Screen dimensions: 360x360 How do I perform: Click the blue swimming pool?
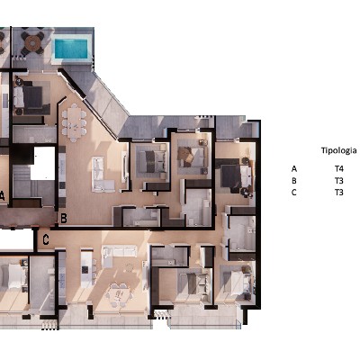click(x=71, y=49)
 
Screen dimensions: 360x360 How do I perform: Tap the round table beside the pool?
click(x=32, y=44)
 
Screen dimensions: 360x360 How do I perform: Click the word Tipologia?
click(x=339, y=150)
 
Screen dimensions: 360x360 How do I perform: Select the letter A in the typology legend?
click(x=294, y=169)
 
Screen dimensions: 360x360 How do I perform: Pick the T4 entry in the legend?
click(x=339, y=169)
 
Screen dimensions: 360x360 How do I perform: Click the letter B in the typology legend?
click(x=294, y=181)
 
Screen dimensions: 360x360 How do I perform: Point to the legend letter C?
click(x=294, y=193)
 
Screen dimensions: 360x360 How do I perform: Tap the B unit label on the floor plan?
click(x=64, y=219)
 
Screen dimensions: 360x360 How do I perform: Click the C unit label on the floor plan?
click(x=46, y=239)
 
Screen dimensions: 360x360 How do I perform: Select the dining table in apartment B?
click(x=74, y=122)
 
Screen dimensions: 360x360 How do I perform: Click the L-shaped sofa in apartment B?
click(x=102, y=175)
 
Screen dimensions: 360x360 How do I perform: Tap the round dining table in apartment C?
click(x=120, y=294)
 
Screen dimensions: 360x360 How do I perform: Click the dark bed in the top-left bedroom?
click(x=31, y=97)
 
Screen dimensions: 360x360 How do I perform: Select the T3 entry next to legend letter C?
click(x=339, y=193)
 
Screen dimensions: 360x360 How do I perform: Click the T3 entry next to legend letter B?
click(x=339, y=181)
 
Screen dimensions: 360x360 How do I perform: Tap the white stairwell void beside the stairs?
click(x=42, y=163)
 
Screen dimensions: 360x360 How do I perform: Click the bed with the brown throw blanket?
click(x=192, y=156)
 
